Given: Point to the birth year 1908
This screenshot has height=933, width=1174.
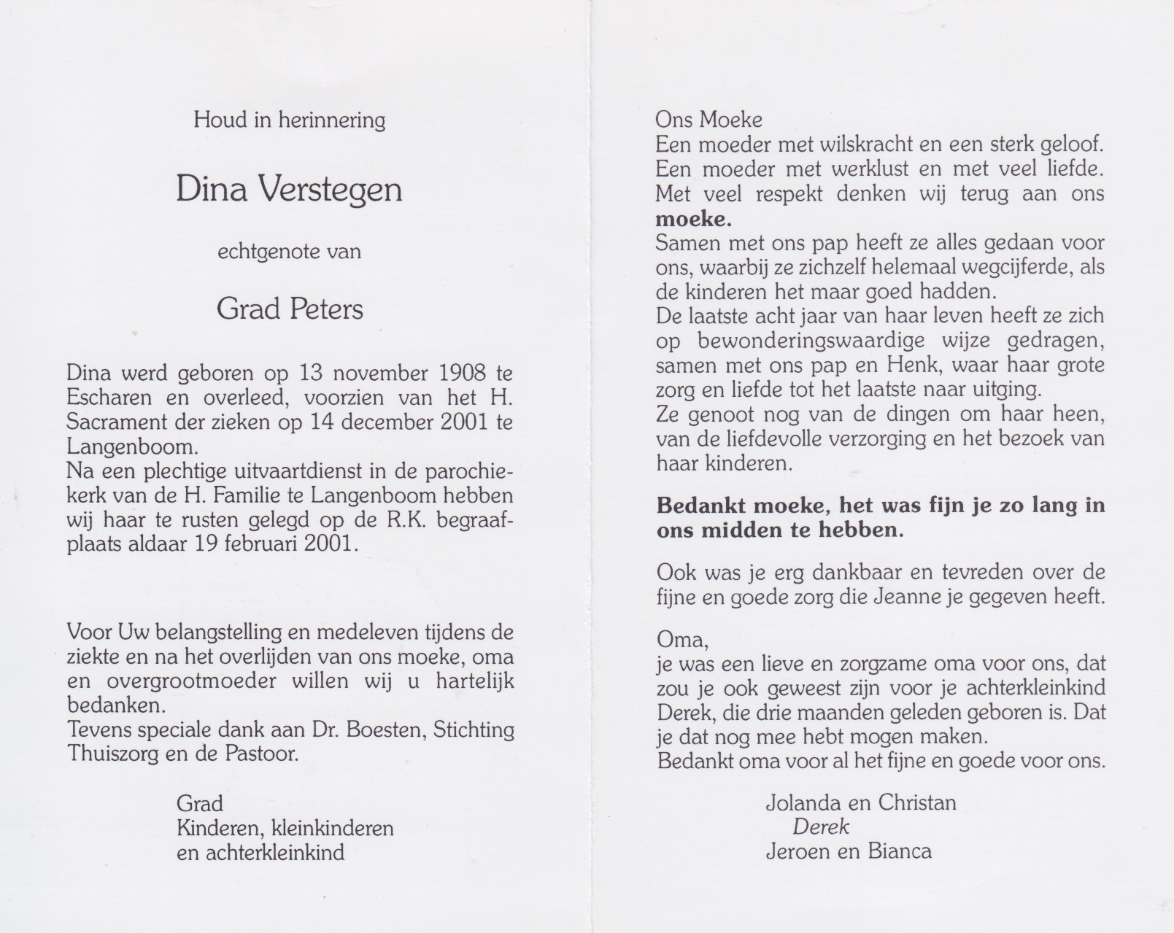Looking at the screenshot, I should pyautogui.click(x=463, y=373).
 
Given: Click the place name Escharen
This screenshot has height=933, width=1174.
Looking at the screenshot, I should pyautogui.click(x=111, y=398).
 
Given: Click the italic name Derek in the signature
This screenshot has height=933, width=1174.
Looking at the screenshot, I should pyautogui.click(x=821, y=826).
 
